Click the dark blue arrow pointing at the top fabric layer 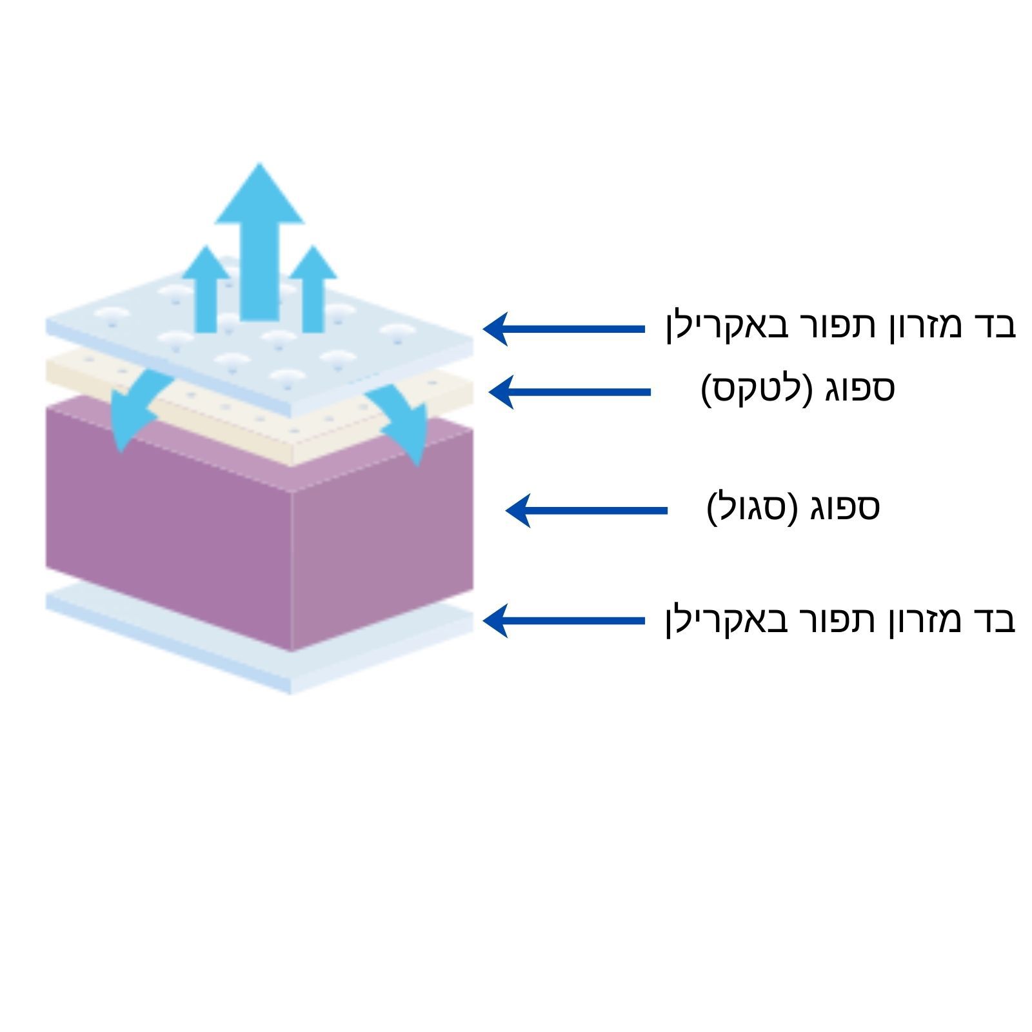pos(564,329)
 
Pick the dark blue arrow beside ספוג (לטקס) pos(570,392)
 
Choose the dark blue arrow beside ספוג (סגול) pos(586,510)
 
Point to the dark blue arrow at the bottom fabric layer pos(564,620)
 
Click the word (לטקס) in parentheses pos(756,390)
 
